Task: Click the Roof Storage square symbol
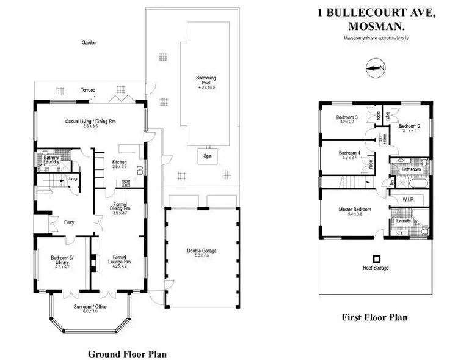(x=376, y=258)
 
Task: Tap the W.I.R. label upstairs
(x=409, y=199)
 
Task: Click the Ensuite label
(x=404, y=221)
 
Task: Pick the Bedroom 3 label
(x=347, y=117)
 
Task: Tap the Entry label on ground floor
(x=69, y=222)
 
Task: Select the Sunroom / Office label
(x=90, y=306)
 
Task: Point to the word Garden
(x=90, y=43)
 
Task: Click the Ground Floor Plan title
(x=127, y=353)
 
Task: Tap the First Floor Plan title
(x=374, y=317)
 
